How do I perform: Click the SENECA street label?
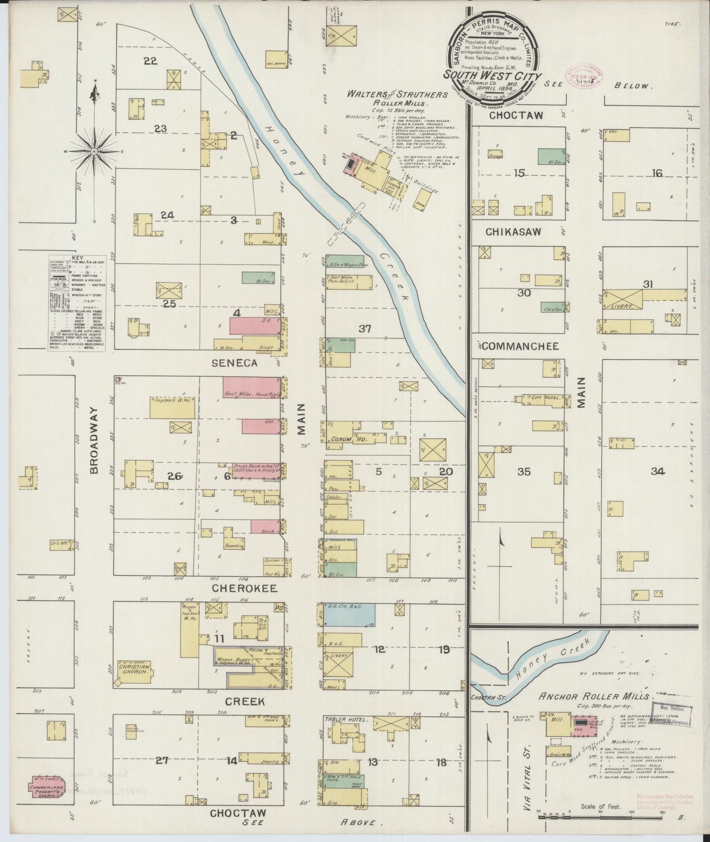click(x=234, y=363)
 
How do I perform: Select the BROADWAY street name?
click(x=94, y=440)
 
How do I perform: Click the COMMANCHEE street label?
click(x=520, y=346)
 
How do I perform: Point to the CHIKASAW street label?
click(x=513, y=231)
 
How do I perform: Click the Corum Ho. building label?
click(x=343, y=439)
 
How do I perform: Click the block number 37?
click(x=364, y=329)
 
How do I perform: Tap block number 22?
click(x=150, y=61)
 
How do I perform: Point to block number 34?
click(x=657, y=472)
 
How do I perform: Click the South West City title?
click(x=492, y=76)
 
